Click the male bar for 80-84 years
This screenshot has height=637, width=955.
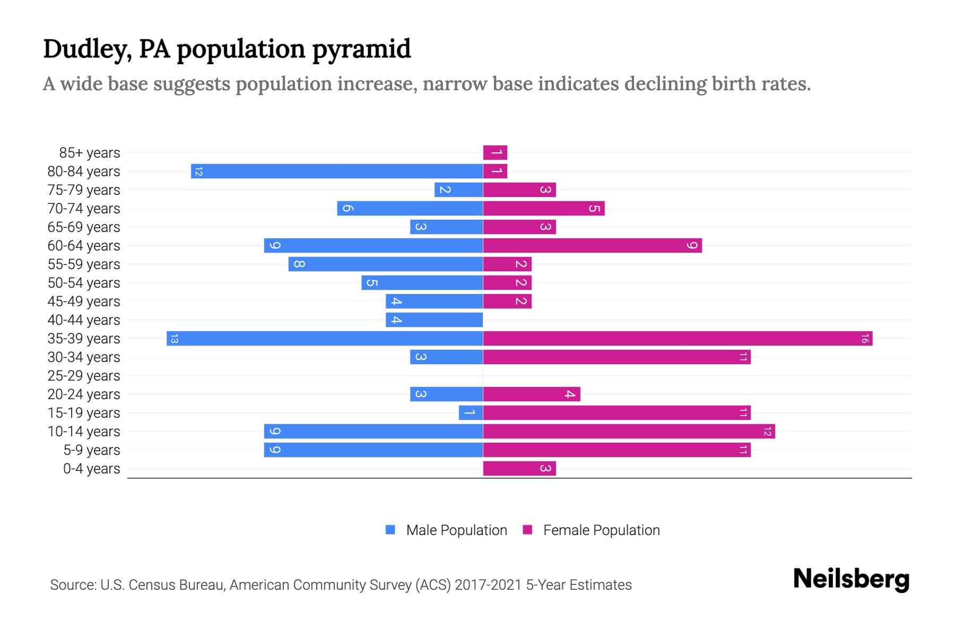click(337, 171)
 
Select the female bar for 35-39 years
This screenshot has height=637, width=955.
click(678, 339)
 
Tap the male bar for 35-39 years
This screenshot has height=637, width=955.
click(325, 339)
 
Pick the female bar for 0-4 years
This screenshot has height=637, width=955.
click(519, 469)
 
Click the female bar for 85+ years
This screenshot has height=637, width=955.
click(495, 153)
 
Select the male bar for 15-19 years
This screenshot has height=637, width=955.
click(471, 413)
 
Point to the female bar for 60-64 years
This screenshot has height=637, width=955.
click(592, 246)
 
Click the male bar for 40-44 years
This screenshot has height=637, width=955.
click(434, 320)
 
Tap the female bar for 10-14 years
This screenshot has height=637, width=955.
click(629, 432)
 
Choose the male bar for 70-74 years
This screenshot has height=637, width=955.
click(410, 209)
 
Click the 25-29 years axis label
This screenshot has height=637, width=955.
click(84, 376)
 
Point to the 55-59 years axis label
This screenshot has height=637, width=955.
click(84, 264)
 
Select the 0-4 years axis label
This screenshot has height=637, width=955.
click(91, 469)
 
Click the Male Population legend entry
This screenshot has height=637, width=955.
click(456, 530)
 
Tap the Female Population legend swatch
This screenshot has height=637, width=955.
click(527, 530)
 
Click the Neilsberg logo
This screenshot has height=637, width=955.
click(851, 579)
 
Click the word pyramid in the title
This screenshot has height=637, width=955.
click(361, 49)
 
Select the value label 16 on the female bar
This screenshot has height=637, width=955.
click(864, 339)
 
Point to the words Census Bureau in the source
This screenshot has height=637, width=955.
click(178, 585)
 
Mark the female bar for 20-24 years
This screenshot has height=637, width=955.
click(531, 394)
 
